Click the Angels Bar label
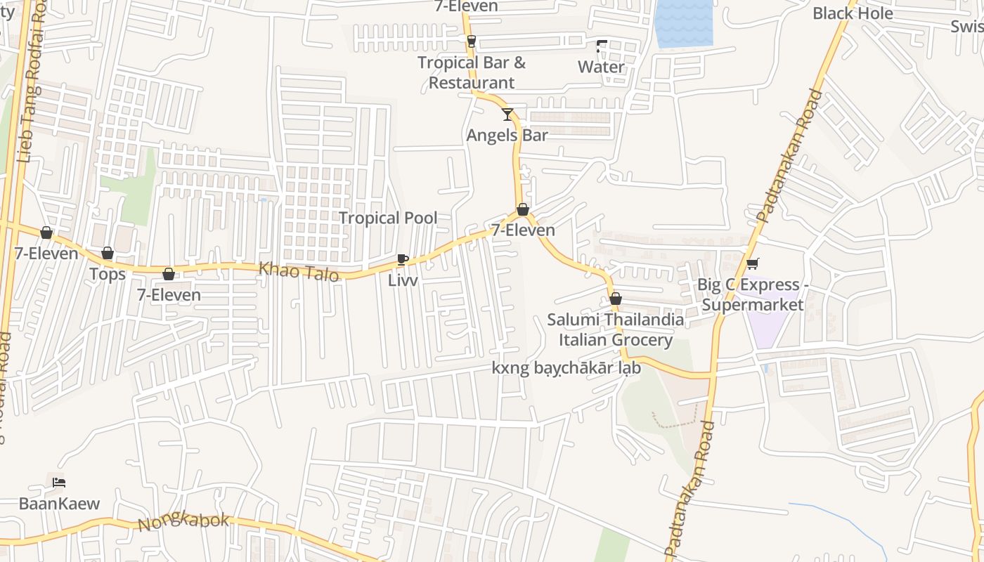pos(507,135)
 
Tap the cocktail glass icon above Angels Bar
pos(507,114)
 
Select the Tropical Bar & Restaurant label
pos(472,72)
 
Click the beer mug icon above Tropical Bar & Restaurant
pos(471,41)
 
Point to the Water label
pos(601,67)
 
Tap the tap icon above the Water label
pos(601,46)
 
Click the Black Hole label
pos(853,13)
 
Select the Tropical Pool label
pos(388,218)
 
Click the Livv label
pos(403,280)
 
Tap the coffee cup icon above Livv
pos(403,259)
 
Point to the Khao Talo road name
pos(299,271)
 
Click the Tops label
pos(108,274)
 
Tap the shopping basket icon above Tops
pos(108,253)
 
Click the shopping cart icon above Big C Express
pos(752,264)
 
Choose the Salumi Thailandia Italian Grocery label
pos(616,329)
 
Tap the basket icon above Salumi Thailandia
pos(616,299)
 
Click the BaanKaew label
pos(59,504)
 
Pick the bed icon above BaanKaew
pos(59,482)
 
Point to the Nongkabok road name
pos(183,521)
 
